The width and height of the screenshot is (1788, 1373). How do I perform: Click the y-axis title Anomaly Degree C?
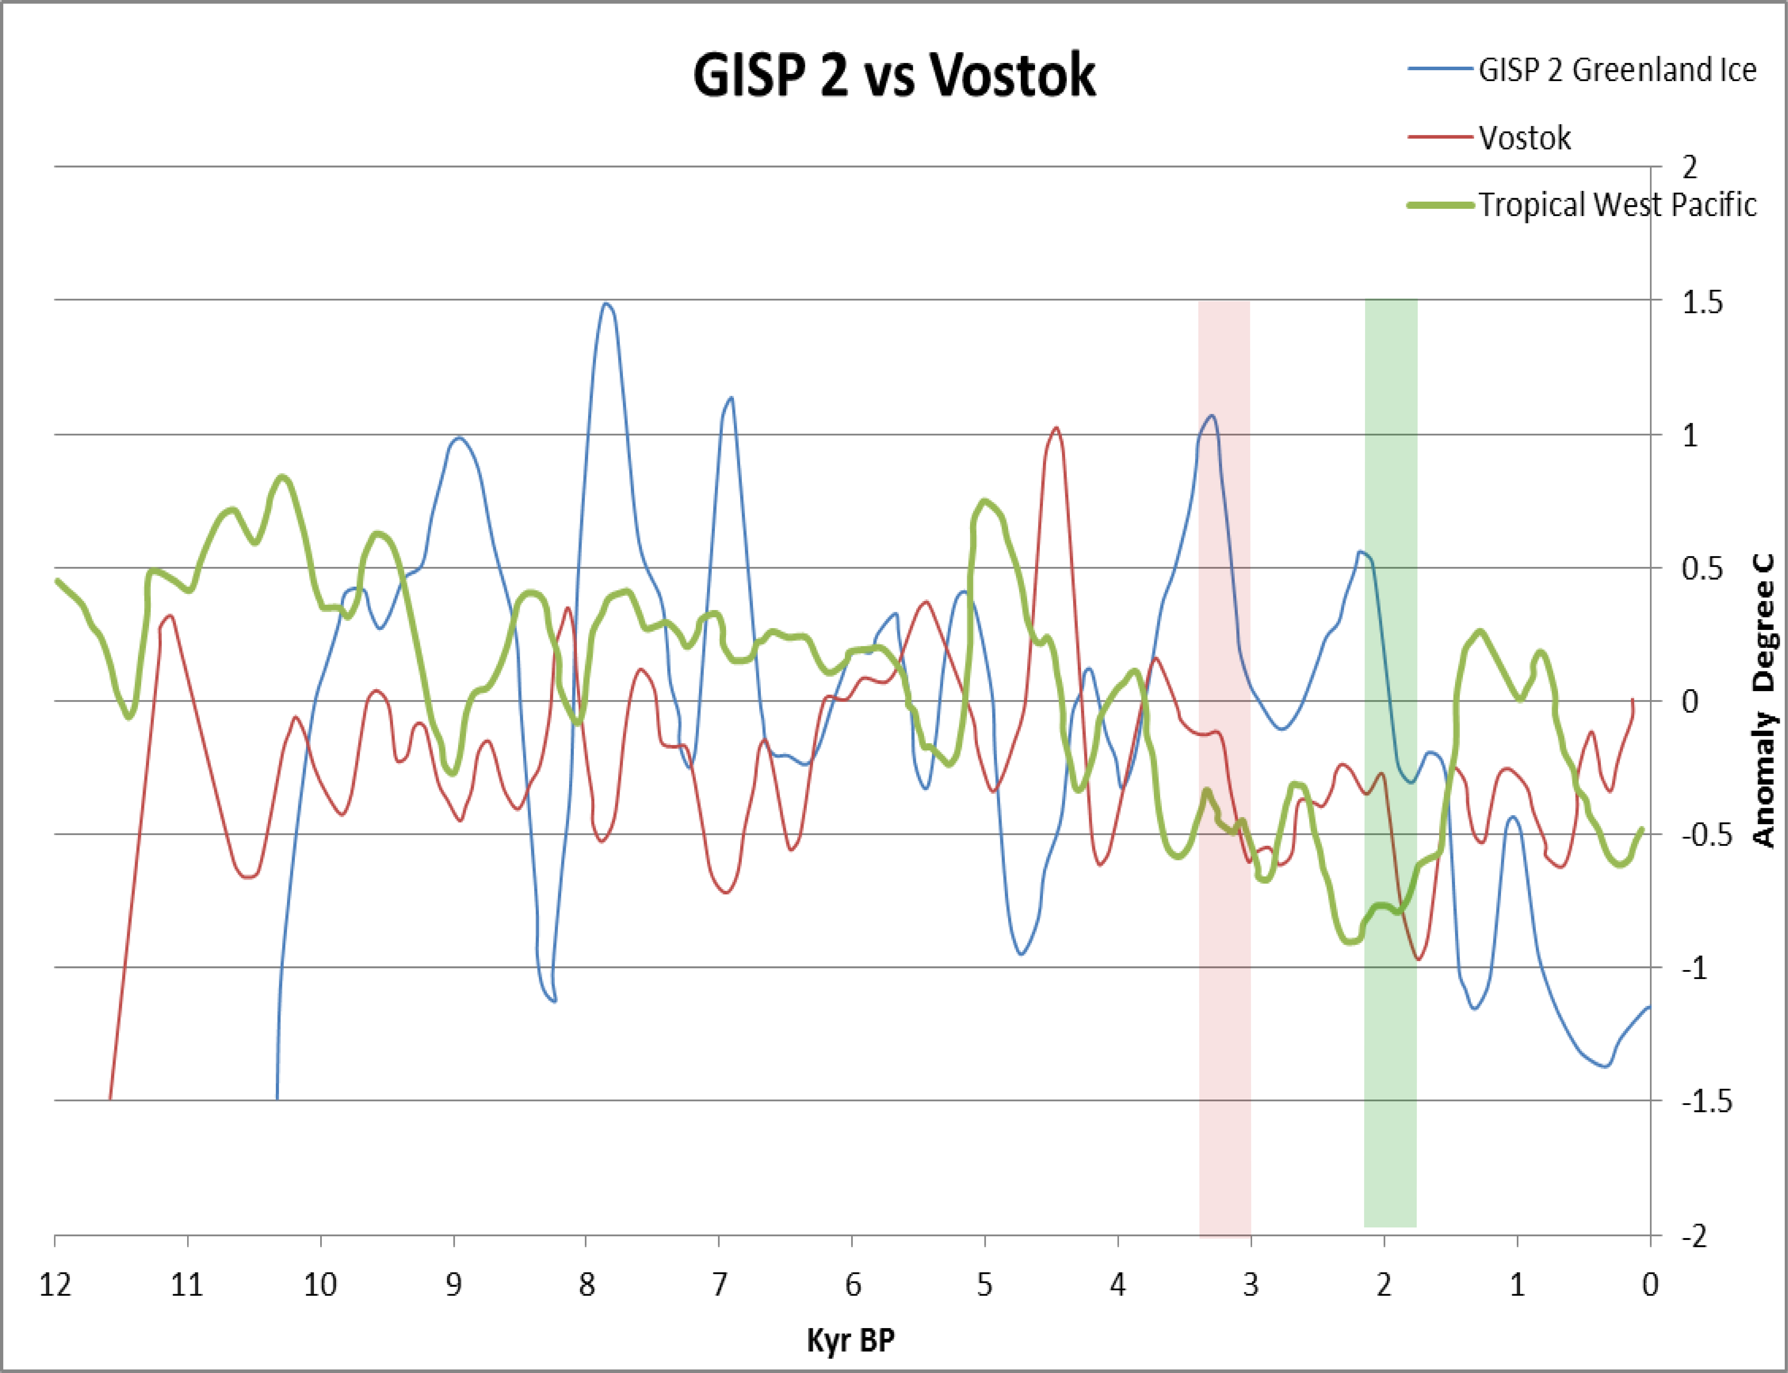[x=1764, y=701]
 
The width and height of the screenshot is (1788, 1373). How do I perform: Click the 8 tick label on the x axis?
[x=586, y=1286]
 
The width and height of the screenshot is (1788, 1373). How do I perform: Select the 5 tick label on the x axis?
[x=985, y=1286]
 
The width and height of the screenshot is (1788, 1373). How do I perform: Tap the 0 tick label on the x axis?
[x=1650, y=1286]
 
